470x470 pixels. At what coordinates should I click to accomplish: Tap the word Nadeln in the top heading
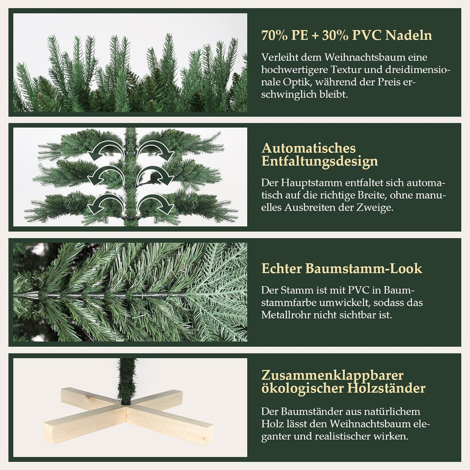[x=409, y=35]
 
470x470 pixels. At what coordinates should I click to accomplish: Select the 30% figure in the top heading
[x=335, y=35]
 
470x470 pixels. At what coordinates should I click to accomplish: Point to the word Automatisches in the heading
[x=309, y=148]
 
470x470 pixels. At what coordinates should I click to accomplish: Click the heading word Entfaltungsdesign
[x=319, y=161]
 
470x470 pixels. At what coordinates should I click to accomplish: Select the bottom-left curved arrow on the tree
[x=105, y=203]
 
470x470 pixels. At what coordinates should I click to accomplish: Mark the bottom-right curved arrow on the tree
[x=155, y=203]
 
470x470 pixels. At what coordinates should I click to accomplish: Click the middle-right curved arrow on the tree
[x=155, y=175]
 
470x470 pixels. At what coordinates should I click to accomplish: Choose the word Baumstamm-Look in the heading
[x=363, y=269]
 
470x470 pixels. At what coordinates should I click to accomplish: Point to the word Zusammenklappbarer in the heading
[x=332, y=376]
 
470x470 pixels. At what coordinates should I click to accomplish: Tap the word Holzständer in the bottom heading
[x=386, y=388]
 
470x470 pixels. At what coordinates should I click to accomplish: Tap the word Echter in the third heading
[x=282, y=269]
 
